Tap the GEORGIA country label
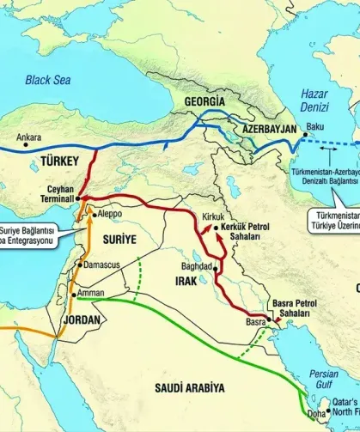pos(205,101)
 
